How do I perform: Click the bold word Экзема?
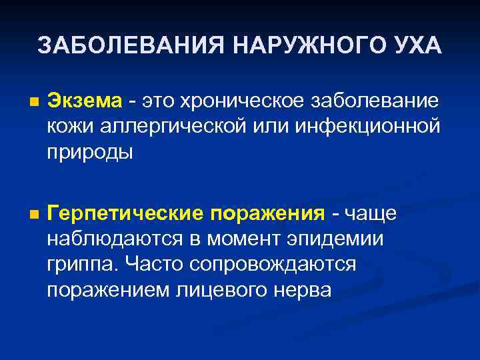click(x=85, y=101)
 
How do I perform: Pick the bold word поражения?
click(x=267, y=214)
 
